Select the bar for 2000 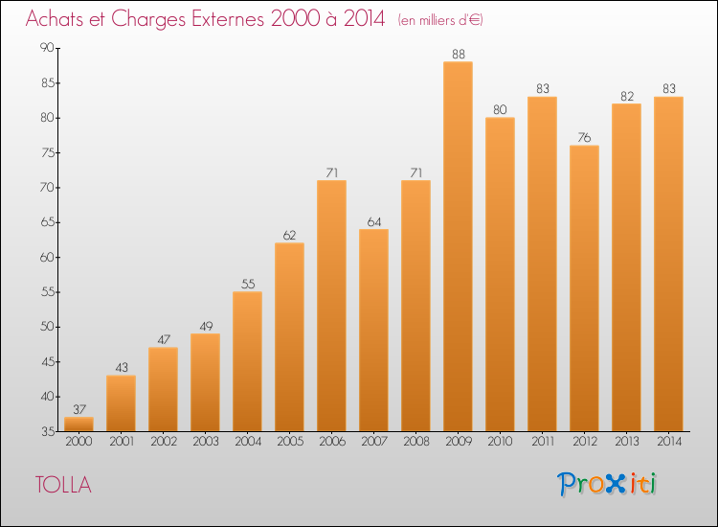[x=79, y=424]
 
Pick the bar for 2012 [x=584, y=287]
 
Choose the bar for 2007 [x=373, y=330]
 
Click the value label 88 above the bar [x=458, y=54]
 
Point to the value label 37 [x=79, y=409]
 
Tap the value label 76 [x=584, y=137]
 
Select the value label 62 [x=289, y=235]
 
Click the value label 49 [x=205, y=326]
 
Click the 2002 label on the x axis [x=163, y=442]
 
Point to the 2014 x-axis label [x=668, y=442]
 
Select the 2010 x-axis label [x=500, y=442]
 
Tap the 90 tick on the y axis [x=46, y=48]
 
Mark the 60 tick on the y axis [x=46, y=257]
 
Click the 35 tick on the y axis [x=46, y=431]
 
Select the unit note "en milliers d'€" [x=440, y=20]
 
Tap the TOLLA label [x=63, y=485]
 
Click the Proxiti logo [x=607, y=484]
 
